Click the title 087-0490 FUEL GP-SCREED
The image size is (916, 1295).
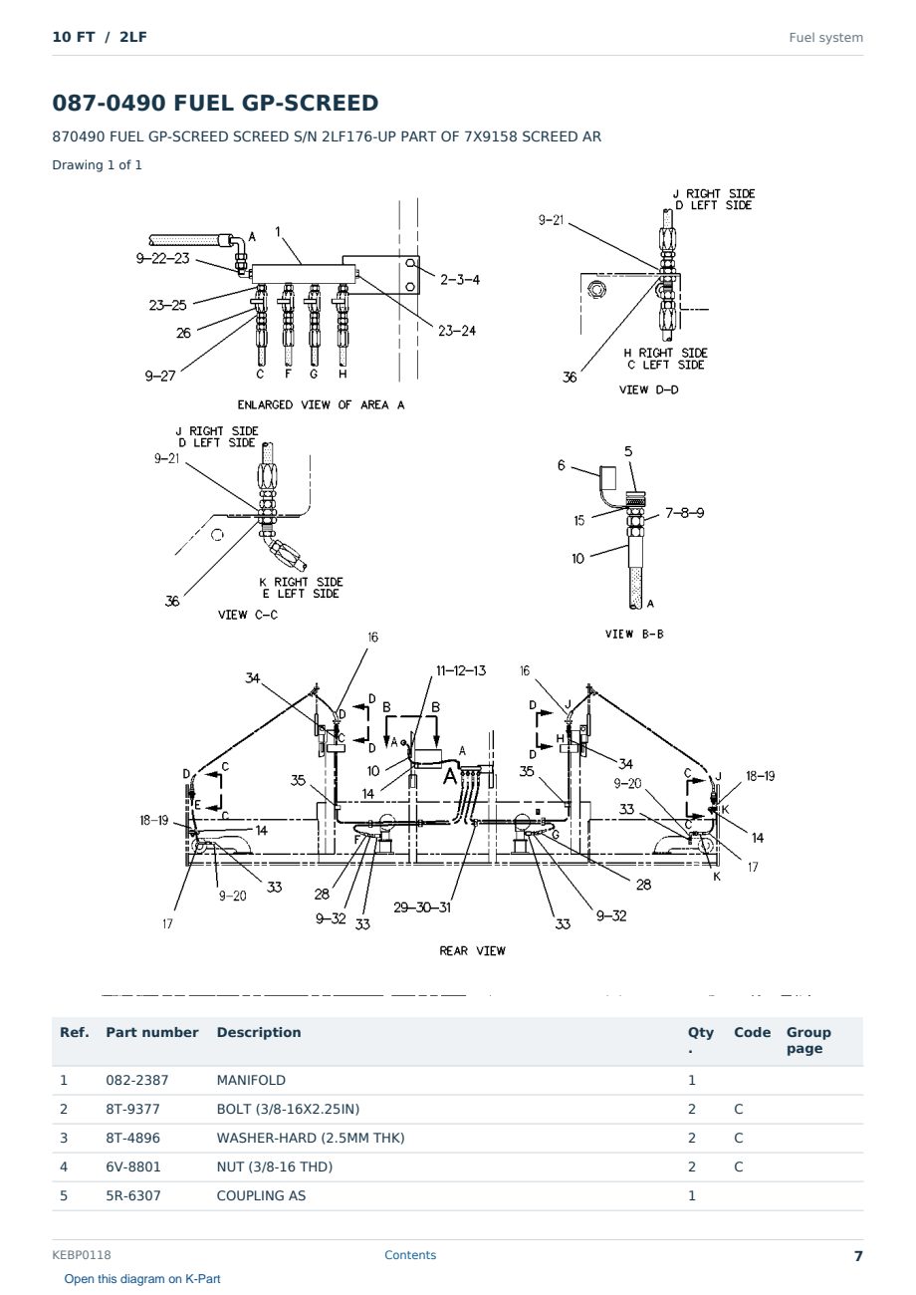point(215,103)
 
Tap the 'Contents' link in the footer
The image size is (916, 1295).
point(410,1254)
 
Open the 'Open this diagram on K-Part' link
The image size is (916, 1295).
point(142,1279)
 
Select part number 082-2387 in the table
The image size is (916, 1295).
point(137,1080)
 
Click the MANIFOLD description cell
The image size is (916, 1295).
point(251,1080)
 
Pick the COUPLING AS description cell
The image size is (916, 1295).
point(261,1195)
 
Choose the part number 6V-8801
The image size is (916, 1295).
point(133,1166)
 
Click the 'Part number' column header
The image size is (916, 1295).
point(152,1032)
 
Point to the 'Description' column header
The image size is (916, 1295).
point(258,1032)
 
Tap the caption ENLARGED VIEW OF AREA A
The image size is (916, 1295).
point(321,404)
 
